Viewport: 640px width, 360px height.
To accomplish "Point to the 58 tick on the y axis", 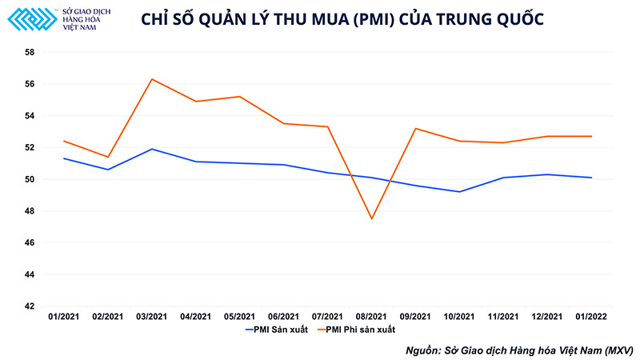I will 30,52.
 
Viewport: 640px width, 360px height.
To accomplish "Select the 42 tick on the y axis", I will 30,306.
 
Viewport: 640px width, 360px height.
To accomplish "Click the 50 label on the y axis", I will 30,179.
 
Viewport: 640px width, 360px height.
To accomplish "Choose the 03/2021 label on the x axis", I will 152,318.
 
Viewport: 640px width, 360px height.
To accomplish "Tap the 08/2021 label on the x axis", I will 371,318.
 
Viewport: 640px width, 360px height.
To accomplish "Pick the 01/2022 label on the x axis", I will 591,318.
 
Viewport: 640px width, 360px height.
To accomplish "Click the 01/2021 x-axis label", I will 64,318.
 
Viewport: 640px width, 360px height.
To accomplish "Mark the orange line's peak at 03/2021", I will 152,79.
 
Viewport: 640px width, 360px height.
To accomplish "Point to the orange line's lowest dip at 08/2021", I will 371,218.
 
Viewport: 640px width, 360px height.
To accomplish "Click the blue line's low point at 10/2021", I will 459,192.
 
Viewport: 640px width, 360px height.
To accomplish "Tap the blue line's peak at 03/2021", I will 152,149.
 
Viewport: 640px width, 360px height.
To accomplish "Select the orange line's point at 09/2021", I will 415,128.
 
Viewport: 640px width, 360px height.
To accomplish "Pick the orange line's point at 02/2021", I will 108,157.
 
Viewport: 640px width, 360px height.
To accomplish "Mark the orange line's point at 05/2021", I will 240,97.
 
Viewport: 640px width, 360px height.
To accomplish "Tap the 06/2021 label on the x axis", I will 284,318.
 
